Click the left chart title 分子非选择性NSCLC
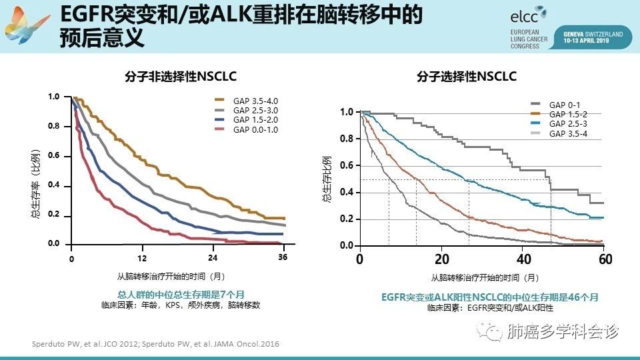[181, 76]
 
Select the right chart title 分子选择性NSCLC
[467, 77]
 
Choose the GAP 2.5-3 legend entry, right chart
[568, 125]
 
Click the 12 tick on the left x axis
[142, 257]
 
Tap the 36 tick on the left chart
[283, 257]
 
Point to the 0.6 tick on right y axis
[346, 166]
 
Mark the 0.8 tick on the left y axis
[54, 127]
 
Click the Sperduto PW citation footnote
[155, 343]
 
